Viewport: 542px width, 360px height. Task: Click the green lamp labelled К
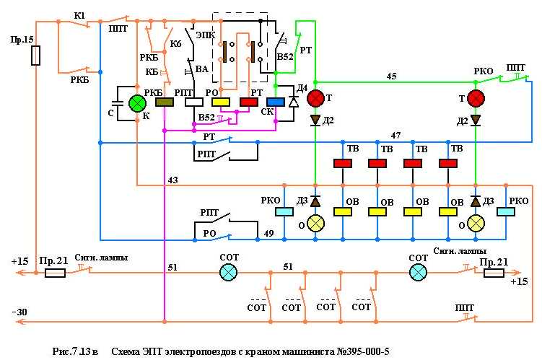137,103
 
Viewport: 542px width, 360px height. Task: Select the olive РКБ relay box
165,102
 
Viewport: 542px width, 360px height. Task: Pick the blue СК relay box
276,102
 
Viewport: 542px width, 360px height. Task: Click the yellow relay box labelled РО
221,102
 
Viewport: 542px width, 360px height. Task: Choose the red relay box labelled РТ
249,102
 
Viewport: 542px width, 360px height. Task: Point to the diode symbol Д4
293,102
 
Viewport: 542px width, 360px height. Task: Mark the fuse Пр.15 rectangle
36,56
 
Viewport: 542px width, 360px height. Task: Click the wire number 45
391,75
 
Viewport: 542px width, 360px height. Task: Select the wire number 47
395,135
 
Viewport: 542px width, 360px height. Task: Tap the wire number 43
172,179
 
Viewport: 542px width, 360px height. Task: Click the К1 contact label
80,15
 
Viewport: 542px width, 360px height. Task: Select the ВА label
201,69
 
